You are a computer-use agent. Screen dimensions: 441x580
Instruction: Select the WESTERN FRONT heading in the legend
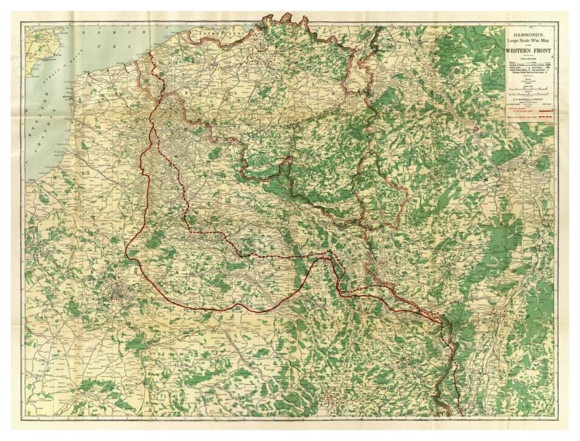[x=529, y=51]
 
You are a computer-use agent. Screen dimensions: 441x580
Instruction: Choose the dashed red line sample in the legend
[x=542, y=119]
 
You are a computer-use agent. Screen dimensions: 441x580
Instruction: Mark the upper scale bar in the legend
[x=529, y=87]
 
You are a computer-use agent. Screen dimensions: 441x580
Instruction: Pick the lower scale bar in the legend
[x=529, y=93]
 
